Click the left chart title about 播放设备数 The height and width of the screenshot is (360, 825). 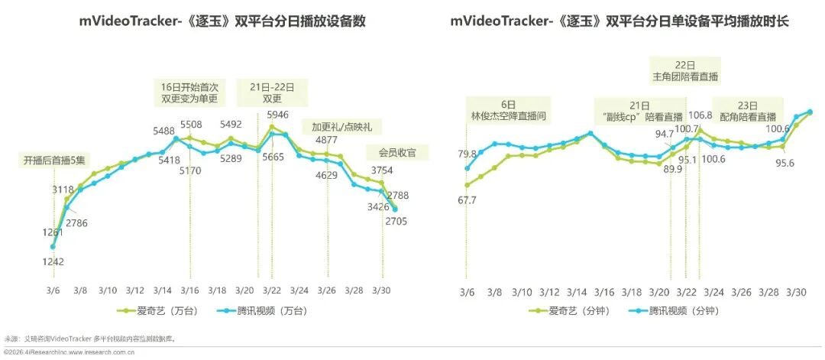point(222,21)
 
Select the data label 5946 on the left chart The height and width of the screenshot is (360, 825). point(278,115)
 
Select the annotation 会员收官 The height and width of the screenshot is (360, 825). point(397,152)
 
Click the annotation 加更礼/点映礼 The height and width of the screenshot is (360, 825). point(336,126)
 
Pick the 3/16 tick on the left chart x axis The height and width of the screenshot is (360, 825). point(190,290)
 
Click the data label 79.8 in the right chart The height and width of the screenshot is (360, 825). point(466,154)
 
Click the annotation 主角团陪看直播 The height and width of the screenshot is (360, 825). point(684,70)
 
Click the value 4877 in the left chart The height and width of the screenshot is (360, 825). point(326,140)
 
